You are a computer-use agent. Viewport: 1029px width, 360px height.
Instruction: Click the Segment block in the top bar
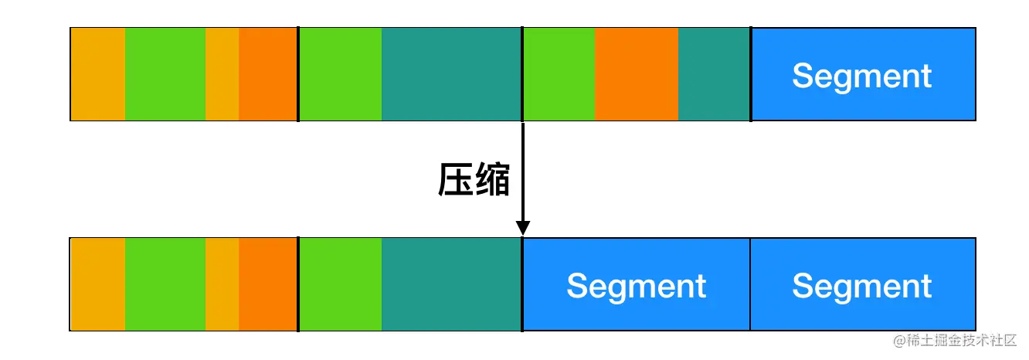click(x=862, y=75)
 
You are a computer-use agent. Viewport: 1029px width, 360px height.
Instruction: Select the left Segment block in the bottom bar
click(x=636, y=285)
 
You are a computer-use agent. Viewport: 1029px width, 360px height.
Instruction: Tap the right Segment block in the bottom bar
click(x=862, y=285)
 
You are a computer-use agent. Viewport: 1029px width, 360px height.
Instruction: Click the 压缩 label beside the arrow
click(x=474, y=181)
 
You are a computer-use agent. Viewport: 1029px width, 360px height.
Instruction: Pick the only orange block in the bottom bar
click(x=267, y=285)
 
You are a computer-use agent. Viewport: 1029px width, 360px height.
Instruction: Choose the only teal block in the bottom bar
click(x=451, y=285)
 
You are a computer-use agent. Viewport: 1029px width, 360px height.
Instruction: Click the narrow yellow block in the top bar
click(x=222, y=75)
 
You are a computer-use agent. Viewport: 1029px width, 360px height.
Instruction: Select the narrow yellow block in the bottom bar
click(x=222, y=285)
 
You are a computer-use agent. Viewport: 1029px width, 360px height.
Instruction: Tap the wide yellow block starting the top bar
click(x=97, y=75)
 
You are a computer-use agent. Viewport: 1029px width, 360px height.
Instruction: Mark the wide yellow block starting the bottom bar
click(x=97, y=285)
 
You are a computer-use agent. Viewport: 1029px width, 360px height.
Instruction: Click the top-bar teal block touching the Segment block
click(x=714, y=75)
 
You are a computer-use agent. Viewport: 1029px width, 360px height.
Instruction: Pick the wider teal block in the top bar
click(x=451, y=75)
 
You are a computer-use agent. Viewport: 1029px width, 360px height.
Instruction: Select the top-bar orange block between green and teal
click(x=636, y=75)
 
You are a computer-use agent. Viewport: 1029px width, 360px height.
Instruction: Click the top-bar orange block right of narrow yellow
click(x=267, y=75)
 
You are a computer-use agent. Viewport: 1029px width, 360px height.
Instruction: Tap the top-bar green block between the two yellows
click(x=165, y=75)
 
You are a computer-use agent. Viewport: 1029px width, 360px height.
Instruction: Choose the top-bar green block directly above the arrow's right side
click(x=559, y=75)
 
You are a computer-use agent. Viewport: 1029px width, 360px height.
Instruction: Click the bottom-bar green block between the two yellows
click(x=165, y=285)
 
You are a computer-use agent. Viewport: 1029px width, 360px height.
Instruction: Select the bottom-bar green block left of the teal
click(x=340, y=285)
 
